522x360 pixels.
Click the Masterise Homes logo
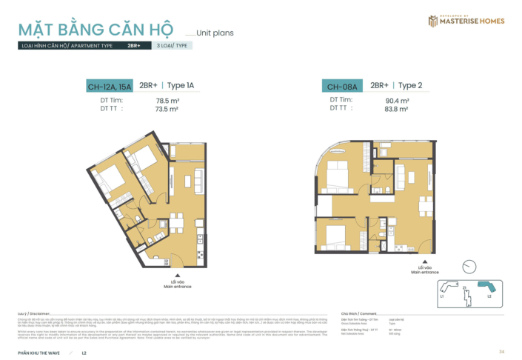(466, 21)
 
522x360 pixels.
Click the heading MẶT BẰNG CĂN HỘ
(96, 30)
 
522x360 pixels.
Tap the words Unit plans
(215, 33)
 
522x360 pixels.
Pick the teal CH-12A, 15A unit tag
(110, 87)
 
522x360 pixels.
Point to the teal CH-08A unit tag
(342, 87)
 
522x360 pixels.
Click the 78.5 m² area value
(168, 100)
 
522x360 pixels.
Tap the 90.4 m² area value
(398, 100)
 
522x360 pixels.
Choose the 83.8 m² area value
(398, 109)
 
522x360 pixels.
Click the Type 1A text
(181, 86)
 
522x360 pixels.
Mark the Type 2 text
(410, 86)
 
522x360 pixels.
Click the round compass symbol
(468, 267)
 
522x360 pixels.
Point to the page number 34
(501, 351)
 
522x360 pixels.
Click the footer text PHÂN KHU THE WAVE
(40, 351)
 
